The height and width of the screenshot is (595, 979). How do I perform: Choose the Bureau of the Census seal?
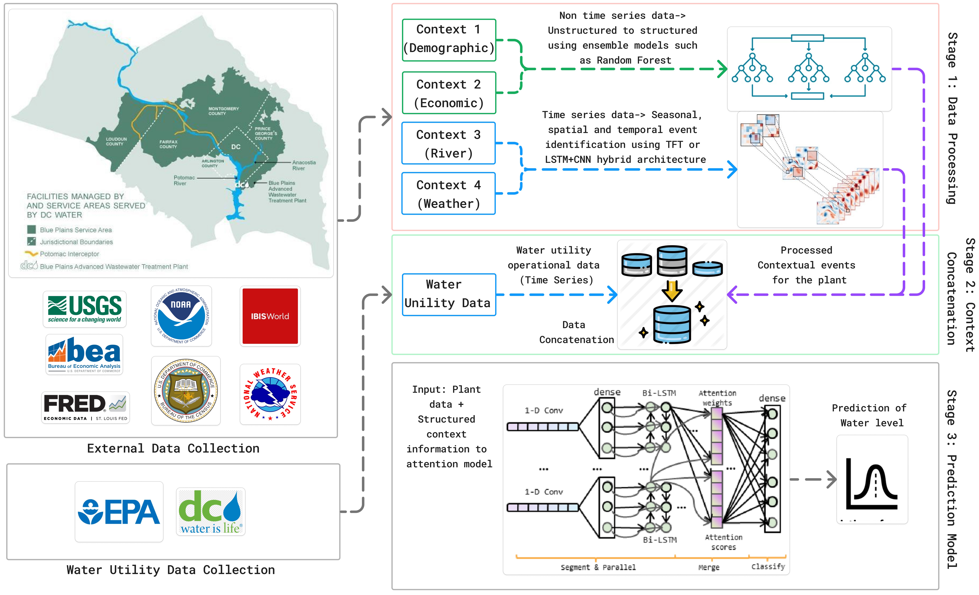point(186,391)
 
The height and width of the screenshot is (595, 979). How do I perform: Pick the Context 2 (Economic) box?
point(449,93)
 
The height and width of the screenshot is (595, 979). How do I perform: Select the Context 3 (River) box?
point(449,143)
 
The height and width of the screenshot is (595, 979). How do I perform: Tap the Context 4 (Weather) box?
point(449,194)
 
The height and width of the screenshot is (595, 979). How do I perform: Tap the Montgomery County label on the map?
point(224,111)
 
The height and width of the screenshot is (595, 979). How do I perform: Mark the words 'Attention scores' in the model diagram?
point(723,542)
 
